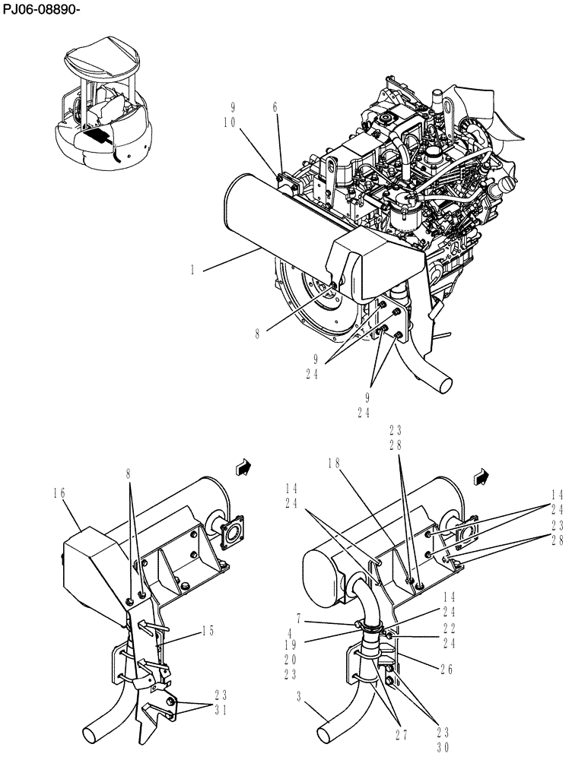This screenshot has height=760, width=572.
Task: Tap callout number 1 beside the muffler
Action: [x=195, y=268]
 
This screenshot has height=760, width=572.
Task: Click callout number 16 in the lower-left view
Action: [x=60, y=493]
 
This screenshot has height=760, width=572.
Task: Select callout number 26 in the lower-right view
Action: [x=447, y=669]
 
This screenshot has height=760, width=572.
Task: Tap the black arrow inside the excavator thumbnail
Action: [x=97, y=136]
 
